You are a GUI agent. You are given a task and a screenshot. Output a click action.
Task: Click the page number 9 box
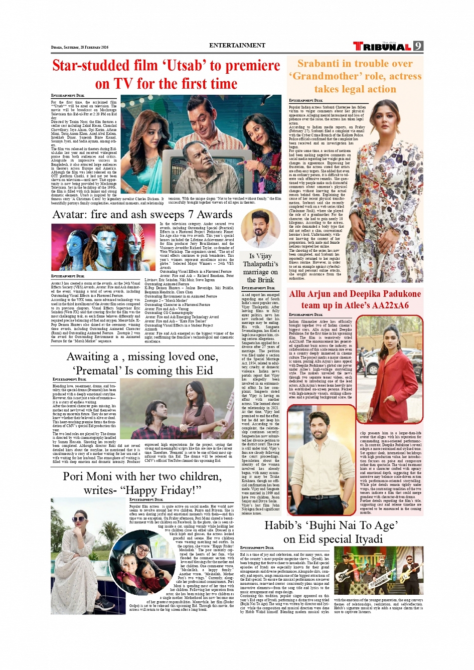pyautogui.click(x=418, y=46)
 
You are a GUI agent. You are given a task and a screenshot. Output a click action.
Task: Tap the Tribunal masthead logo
pyautogui.click(x=382, y=47)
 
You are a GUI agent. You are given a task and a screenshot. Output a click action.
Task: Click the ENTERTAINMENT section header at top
pyautogui.click(x=237, y=45)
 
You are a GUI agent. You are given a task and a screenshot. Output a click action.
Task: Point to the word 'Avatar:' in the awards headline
pyautogui.click(x=70, y=215)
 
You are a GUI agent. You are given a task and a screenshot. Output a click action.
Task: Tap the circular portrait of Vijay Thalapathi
pyautogui.click(x=260, y=229)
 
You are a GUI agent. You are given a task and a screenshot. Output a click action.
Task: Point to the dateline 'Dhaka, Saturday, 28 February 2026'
pyautogui.click(x=80, y=47)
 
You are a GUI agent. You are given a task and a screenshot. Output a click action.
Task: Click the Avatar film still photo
pyautogui.click(x=103, y=247)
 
